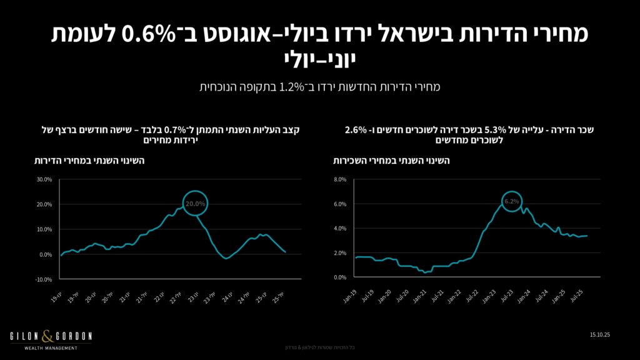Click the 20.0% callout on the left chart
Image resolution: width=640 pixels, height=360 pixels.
[x=195, y=202]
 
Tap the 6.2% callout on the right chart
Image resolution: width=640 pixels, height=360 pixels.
[x=511, y=201]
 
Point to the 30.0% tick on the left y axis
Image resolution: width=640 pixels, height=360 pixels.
[x=44, y=179]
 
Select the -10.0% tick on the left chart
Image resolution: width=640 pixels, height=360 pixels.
[x=44, y=279]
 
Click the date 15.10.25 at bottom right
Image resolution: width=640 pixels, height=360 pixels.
[x=599, y=336]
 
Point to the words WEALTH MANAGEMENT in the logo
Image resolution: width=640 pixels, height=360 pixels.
[x=51, y=348]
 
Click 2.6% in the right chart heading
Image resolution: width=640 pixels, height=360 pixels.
[x=354, y=130]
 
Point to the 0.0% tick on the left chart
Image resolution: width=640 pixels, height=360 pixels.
[x=46, y=254]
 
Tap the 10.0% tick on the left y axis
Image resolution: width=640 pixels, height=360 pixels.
[x=44, y=229]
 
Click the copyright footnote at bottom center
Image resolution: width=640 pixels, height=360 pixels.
[x=320, y=347]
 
